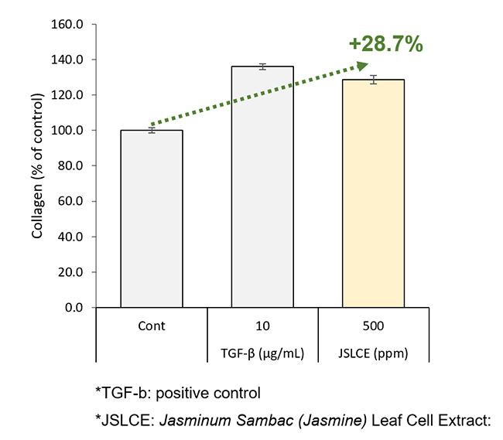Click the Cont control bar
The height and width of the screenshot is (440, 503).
(x=152, y=219)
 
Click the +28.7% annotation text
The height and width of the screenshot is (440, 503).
(x=384, y=45)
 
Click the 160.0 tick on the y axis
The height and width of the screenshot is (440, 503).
(x=68, y=24)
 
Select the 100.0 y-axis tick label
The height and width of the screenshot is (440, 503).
(x=68, y=131)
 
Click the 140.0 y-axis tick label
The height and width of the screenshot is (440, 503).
(x=68, y=60)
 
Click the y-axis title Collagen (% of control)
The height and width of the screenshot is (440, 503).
(x=37, y=165)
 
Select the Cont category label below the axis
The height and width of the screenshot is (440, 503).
(x=152, y=326)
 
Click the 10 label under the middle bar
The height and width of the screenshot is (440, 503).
(x=262, y=326)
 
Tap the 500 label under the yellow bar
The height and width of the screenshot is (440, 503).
(x=373, y=326)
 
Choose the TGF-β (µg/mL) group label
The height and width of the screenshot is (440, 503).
(x=262, y=354)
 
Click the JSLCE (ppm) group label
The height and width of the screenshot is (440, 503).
(x=373, y=354)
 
